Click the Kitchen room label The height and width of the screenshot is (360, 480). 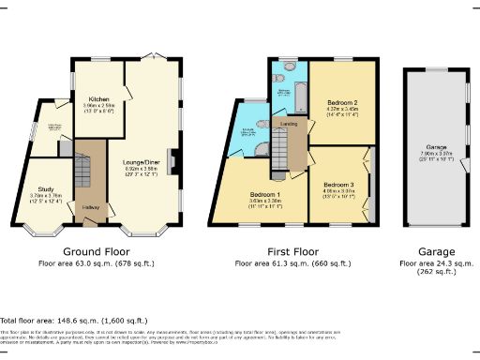click(x=99, y=98)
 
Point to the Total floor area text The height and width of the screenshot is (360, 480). click(x=67, y=320)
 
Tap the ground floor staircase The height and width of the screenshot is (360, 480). click(x=83, y=173)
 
